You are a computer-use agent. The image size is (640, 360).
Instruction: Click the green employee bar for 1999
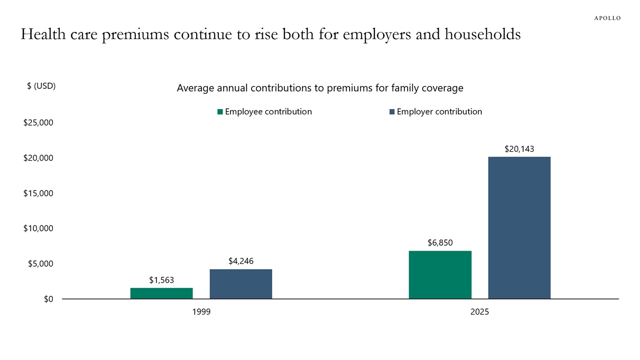pyautogui.click(x=162, y=293)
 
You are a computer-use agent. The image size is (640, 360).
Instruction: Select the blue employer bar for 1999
pyautogui.click(x=241, y=284)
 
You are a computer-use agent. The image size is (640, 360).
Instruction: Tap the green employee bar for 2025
pyautogui.click(x=440, y=275)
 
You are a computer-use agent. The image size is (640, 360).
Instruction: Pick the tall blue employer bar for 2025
pyautogui.click(x=519, y=228)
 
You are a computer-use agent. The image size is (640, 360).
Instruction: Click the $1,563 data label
pyautogui.click(x=162, y=280)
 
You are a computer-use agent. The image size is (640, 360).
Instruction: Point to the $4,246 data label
pyautogui.click(x=241, y=261)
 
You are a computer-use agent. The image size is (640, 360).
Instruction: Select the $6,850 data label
pyautogui.click(x=440, y=243)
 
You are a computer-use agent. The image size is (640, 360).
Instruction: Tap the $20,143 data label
pyautogui.click(x=519, y=149)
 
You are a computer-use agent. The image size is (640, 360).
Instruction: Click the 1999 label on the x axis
pyautogui.click(x=201, y=312)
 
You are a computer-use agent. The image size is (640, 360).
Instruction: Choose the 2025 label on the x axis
pyautogui.click(x=479, y=312)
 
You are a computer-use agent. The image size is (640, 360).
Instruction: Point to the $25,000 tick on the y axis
pyautogui.click(x=38, y=123)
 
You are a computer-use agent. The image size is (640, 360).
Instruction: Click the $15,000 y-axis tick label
pyautogui.click(x=38, y=193)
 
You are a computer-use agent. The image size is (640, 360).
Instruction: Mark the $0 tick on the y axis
pyautogui.click(x=48, y=299)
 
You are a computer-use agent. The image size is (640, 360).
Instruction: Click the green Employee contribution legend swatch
pyautogui.click(x=220, y=112)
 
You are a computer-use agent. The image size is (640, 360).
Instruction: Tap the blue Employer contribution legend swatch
pyautogui.click(x=392, y=112)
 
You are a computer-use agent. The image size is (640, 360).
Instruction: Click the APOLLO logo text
pyautogui.click(x=607, y=18)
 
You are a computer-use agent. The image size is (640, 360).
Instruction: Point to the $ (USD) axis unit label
pyautogui.click(x=41, y=86)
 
